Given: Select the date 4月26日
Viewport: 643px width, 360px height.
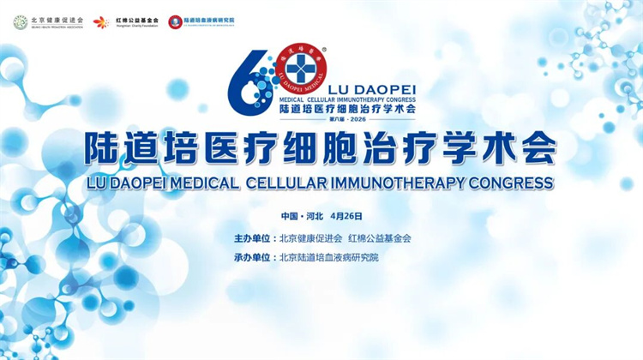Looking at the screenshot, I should click(x=347, y=216).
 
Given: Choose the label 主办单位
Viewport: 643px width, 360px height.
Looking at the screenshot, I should click(x=254, y=238).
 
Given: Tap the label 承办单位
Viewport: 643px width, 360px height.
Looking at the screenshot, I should click(x=254, y=257).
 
